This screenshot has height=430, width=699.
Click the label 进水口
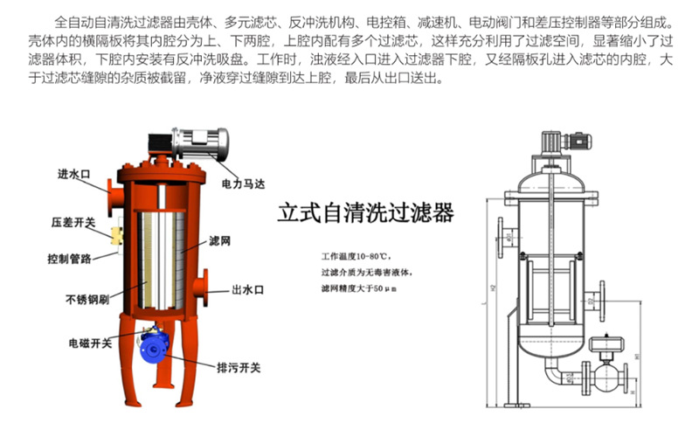click(74, 173)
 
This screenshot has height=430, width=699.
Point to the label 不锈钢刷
click(87, 298)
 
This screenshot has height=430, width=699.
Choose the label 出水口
click(248, 288)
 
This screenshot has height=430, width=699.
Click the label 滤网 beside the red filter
click(219, 239)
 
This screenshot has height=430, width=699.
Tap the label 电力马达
click(243, 184)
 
